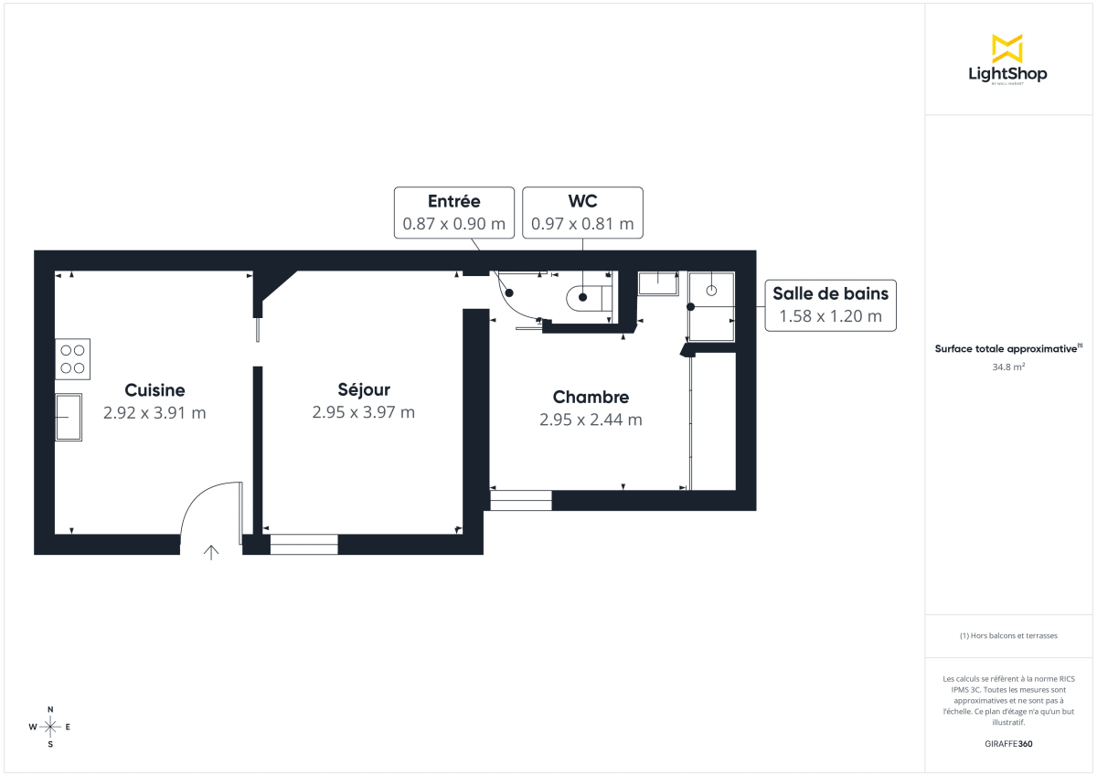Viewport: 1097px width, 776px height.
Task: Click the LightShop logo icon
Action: (x=1007, y=48)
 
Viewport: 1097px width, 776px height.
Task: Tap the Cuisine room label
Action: (x=154, y=390)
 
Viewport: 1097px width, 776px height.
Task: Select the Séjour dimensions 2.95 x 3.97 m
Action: (x=363, y=412)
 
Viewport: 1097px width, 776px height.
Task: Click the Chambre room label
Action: (x=591, y=397)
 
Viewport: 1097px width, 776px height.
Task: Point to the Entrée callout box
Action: (x=453, y=213)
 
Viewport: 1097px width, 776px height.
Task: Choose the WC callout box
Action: (x=582, y=213)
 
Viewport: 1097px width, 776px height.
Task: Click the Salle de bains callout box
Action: (x=830, y=305)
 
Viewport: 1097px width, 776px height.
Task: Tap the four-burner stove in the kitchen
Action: (x=72, y=359)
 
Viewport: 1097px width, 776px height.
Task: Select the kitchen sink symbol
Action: (x=69, y=417)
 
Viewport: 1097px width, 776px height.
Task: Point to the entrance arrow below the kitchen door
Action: (x=211, y=551)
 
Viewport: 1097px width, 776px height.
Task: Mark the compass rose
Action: (x=50, y=727)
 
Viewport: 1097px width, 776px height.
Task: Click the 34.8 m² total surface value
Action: (x=1008, y=367)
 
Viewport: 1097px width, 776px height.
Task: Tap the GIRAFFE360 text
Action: (x=1008, y=743)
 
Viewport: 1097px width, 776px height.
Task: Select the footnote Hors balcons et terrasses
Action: (x=1008, y=635)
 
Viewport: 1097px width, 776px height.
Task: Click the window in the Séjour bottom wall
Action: (x=304, y=545)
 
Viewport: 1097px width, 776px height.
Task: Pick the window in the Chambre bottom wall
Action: (x=521, y=500)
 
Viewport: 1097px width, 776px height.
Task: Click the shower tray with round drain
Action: (x=711, y=291)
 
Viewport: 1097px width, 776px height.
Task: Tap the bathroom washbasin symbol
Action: (x=658, y=283)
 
